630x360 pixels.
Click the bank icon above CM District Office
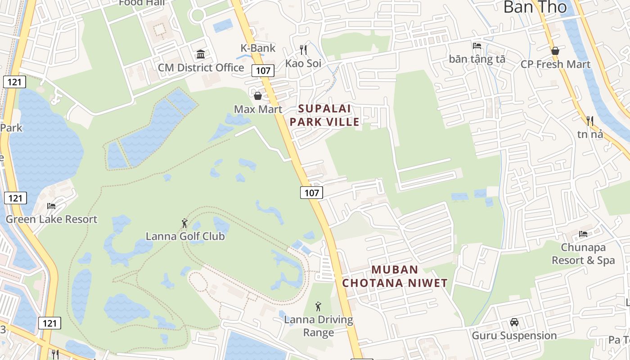(x=201, y=54)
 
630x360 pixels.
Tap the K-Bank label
(x=258, y=48)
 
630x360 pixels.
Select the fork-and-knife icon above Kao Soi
(x=304, y=49)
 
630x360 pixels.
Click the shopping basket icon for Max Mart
(x=258, y=96)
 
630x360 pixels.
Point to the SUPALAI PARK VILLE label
(x=324, y=115)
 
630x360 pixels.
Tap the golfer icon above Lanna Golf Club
(x=184, y=223)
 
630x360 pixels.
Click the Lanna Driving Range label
(x=319, y=326)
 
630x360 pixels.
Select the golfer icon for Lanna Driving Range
(x=319, y=306)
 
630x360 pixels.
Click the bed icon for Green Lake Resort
(x=51, y=206)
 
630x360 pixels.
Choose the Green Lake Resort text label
(x=51, y=220)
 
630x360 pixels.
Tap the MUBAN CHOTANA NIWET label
(x=395, y=276)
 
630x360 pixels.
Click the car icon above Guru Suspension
(x=514, y=322)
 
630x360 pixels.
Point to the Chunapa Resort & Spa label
(x=583, y=254)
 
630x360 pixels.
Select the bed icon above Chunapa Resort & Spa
(x=583, y=234)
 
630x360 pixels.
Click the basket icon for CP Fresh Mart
(x=555, y=51)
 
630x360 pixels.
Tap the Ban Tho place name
(x=535, y=7)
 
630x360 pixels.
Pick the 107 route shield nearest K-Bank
(x=263, y=70)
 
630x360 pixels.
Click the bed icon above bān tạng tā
(x=477, y=45)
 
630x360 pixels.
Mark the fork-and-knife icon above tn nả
(x=589, y=121)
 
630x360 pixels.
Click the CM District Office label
(x=201, y=68)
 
